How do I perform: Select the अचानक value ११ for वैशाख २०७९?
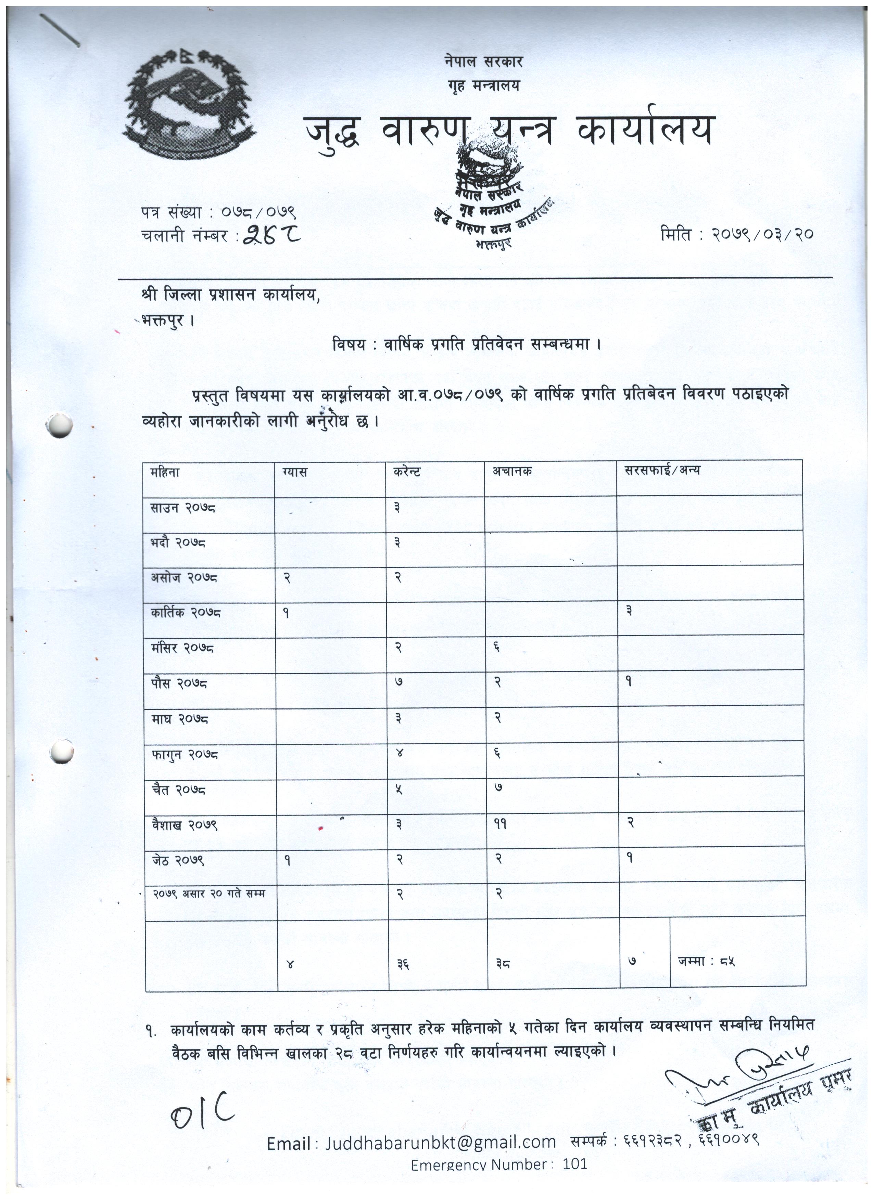(500, 824)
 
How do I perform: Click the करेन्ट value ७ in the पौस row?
(398, 682)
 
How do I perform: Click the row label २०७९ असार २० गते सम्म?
(209, 894)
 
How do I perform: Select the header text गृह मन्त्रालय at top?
(483, 85)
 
